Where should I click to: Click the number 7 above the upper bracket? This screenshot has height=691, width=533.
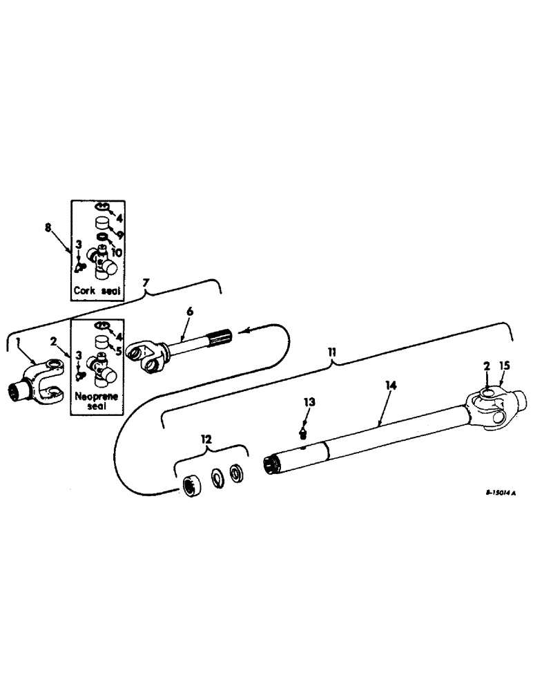click(145, 284)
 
